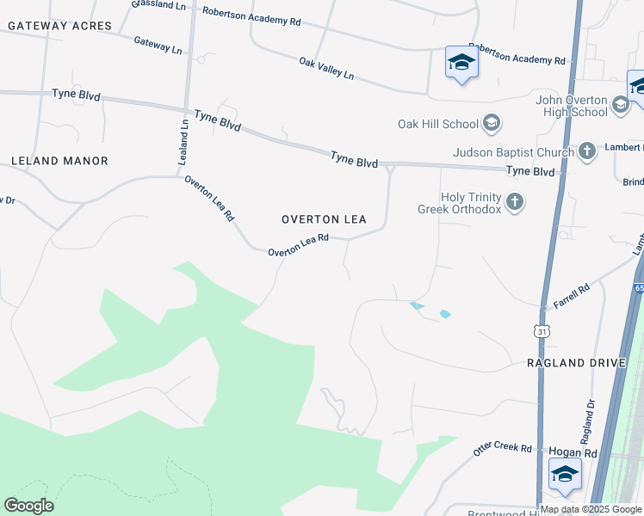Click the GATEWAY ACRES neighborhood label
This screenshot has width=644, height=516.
(x=59, y=26)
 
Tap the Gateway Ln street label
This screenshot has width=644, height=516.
(x=158, y=45)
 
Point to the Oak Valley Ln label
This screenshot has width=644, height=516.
(x=326, y=68)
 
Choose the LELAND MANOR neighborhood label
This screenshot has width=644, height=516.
(x=59, y=161)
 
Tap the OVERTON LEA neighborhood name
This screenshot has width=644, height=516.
(x=324, y=219)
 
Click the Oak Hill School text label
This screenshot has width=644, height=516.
(x=437, y=124)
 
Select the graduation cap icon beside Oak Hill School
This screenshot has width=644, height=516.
(x=491, y=124)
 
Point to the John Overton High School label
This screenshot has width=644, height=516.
(x=572, y=106)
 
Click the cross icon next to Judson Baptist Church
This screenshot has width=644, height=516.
(x=587, y=152)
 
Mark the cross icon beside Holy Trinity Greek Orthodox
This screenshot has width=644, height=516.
(x=515, y=203)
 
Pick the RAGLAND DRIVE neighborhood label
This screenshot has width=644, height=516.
(x=576, y=363)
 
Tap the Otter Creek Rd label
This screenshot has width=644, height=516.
(x=503, y=450)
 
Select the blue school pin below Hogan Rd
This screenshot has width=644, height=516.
(x=565, y=475)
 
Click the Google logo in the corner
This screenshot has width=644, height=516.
(x=28, y=506)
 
